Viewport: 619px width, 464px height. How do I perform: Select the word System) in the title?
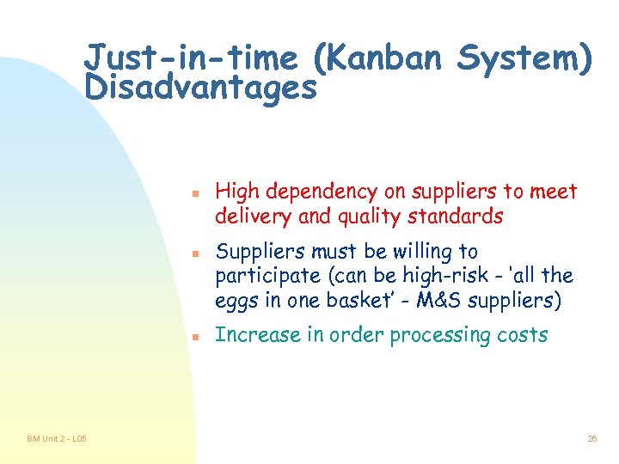coord(524,59)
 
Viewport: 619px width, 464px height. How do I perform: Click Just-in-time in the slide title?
coord(192,59)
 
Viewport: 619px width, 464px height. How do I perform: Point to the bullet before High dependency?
coord(196,192)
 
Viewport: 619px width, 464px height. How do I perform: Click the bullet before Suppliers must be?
coord(196,253)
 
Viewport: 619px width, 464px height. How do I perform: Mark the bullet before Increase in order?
coord(196,337)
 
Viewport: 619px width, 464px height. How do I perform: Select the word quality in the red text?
coord(371,217)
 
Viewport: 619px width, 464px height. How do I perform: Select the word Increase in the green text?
coord(249,335)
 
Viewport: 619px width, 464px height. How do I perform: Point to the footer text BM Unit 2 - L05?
coord(57,439)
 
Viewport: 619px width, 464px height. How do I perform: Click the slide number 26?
coord(591,439)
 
